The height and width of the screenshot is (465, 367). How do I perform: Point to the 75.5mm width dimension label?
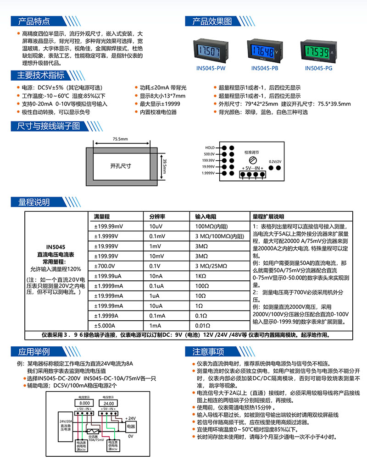(x=121, y=138)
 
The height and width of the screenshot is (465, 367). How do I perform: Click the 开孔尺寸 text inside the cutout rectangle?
(x=121, y=166)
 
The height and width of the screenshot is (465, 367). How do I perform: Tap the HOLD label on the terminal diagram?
(x=210, y=148)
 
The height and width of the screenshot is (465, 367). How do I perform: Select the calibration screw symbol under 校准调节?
(x=252, y=160)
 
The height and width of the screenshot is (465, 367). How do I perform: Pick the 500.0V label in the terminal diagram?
(x=209, y=154)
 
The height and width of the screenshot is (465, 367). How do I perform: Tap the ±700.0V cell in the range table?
(x=104, y=266)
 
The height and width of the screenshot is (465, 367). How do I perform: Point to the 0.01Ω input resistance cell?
(x=202, y=326)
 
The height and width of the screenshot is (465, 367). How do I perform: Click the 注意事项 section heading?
(x=208, y=352)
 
